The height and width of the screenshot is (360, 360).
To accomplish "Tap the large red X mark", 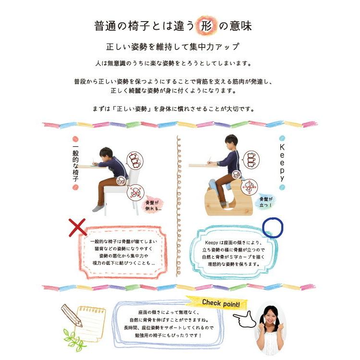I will (x=77, y=228).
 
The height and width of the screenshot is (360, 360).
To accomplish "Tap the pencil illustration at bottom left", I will (x=72, y=315).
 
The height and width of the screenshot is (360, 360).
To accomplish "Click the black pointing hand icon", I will (x=243, y=319).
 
